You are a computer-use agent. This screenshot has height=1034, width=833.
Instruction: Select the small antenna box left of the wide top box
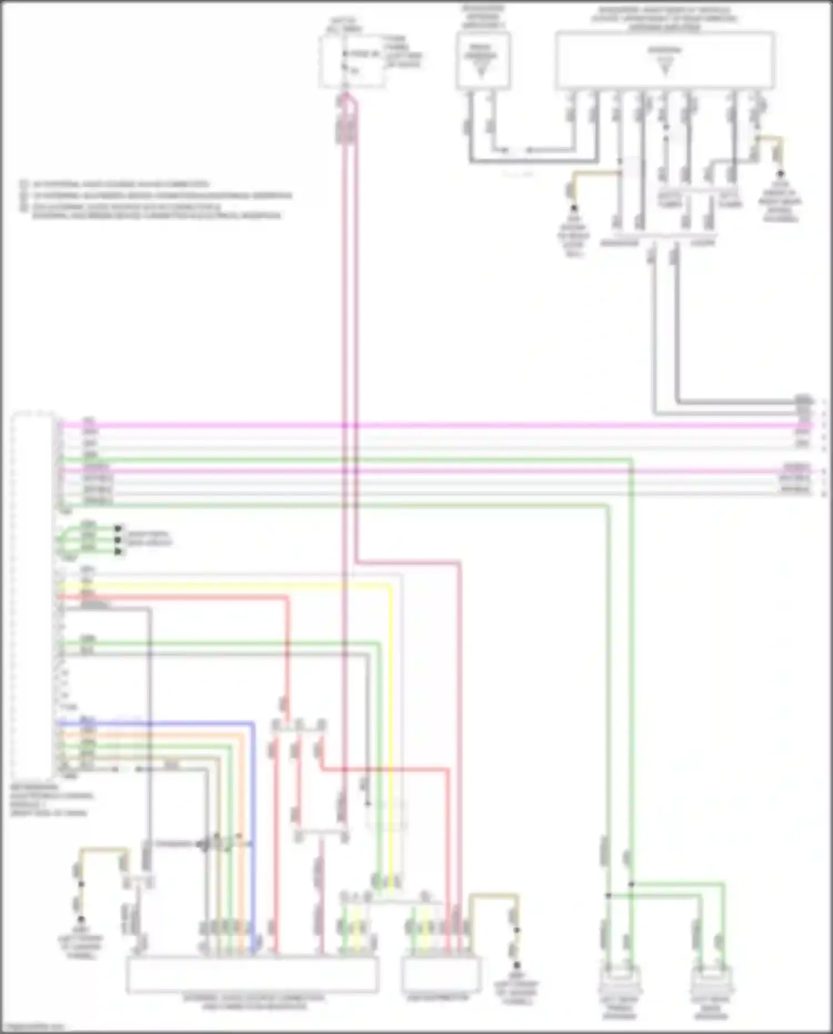coord(483,60)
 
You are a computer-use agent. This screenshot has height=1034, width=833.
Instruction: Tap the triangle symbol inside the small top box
coord(481,70)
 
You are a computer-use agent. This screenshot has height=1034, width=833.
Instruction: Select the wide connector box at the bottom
coord(252,975)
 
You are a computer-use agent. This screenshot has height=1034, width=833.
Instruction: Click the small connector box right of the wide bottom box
coord(441,974)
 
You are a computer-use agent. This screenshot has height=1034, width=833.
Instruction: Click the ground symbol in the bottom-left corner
coord(81,920)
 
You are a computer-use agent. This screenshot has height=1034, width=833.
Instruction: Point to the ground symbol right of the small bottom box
coord(516,966)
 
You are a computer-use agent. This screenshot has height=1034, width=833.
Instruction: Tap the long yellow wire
coord(391,722)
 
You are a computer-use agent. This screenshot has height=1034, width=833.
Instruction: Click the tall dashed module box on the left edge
coord(33,595)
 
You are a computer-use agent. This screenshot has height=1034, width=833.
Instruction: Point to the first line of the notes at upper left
coord(119,184)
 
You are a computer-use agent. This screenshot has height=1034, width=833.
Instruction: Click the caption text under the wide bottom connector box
coord(253,1002)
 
